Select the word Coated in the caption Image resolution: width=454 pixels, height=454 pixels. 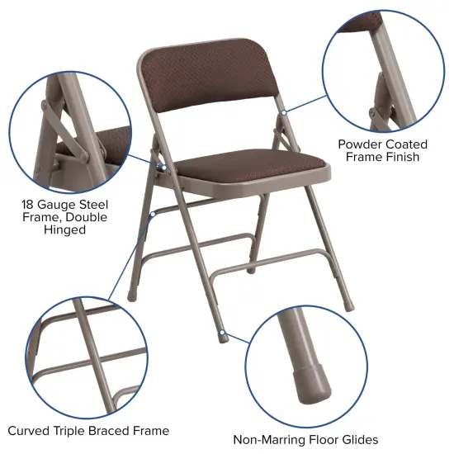[407, 144]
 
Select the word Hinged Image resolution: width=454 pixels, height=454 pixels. [65, 230]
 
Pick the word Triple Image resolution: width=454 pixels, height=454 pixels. [72, 431]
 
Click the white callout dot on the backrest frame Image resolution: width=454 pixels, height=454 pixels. [281, 110]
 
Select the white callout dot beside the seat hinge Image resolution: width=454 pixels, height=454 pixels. [163, 167]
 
